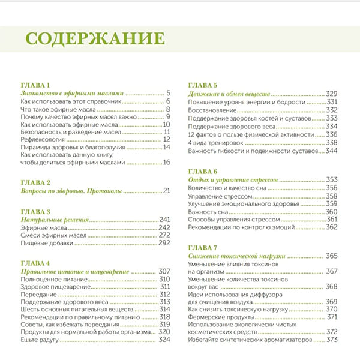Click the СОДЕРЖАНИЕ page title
(x=95, y=39)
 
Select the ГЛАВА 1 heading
(x=36, y=85)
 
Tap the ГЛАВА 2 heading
(x=36, y=182)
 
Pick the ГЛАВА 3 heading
(x=36, y=212)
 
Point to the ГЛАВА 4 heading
(x=36, y=263)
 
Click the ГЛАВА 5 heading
(x=203, y=85)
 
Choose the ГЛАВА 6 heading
(x=203, y=171)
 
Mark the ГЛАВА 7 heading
(x=203, y=247)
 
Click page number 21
(x=167, y=191)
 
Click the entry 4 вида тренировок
(x=217, y=143)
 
